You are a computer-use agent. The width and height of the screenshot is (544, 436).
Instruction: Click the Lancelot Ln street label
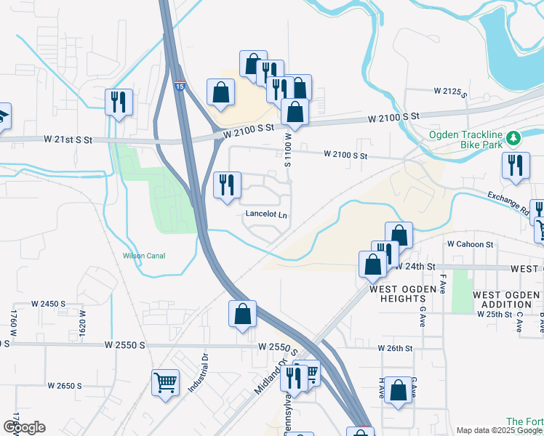(x=266, y=215)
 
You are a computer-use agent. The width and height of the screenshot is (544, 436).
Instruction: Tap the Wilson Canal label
(x=144, y=256)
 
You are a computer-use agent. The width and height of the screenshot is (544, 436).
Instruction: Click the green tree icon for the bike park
(x=514, y=137)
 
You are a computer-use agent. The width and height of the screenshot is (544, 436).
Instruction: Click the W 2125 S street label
(x=449, y=92)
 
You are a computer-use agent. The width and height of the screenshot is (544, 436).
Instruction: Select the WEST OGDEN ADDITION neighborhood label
(x=508, y=299)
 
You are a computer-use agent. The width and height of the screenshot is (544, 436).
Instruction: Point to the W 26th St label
(x=395, y=349)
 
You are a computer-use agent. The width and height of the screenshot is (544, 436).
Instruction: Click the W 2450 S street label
(x=48, y=304)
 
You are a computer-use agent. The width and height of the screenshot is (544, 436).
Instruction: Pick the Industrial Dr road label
(x=199, y=374)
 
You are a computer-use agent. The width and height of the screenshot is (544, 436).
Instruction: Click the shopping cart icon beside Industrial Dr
(x=166, y=381)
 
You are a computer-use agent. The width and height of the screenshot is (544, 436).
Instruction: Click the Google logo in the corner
(x=24, y=427)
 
